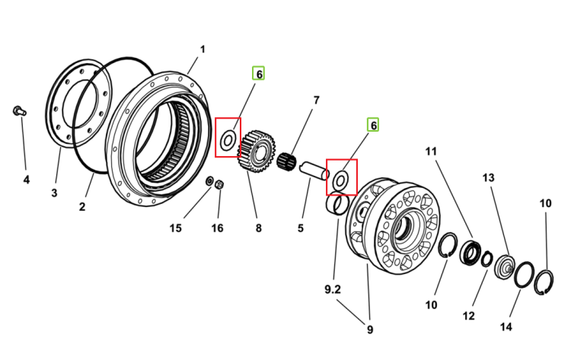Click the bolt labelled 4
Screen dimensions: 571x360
[x=19, y=110]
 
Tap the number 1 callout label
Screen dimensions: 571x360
[x=203, y=49]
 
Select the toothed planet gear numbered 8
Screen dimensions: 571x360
[x=257, y=151]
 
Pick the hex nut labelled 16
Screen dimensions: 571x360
[x=219, y=184]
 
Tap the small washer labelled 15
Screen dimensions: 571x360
[x=210, y=180]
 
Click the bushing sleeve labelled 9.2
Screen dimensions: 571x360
[x=337, y=205]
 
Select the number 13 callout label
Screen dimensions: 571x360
[x=488, y=177]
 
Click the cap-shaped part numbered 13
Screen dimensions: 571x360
[x=505, y=267]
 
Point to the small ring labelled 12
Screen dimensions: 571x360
[x=487, y=260]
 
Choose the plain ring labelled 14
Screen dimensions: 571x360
[x=525, y=275]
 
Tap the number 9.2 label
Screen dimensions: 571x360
[x=333, y=289]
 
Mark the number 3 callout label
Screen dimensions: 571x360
[x=54, y=193]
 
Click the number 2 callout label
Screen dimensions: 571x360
[x=82, y=207]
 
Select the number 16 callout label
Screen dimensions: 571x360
[x=217, y=228]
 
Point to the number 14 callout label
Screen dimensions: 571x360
[x=506, y=327]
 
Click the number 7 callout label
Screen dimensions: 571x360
[x=316, y=100]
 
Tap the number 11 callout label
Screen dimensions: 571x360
[x=431, y=151]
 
